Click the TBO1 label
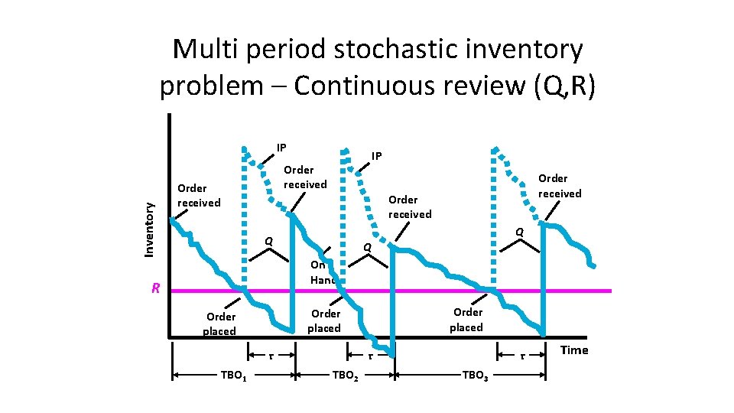pos(232,376)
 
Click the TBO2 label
pos(346,376)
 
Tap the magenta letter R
pos(155,289)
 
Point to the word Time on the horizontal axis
pos(574,350)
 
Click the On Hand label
pos(323,272)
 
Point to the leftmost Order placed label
pos(220,324)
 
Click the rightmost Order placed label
pos(466,320)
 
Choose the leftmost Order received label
pos(198,195)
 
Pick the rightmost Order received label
pos(560,186)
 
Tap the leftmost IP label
pos(281,148)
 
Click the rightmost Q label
pos(519,232)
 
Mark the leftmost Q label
pos(268,242)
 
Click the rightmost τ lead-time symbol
pos(521,356)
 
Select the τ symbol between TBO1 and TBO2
pos(272,356)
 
